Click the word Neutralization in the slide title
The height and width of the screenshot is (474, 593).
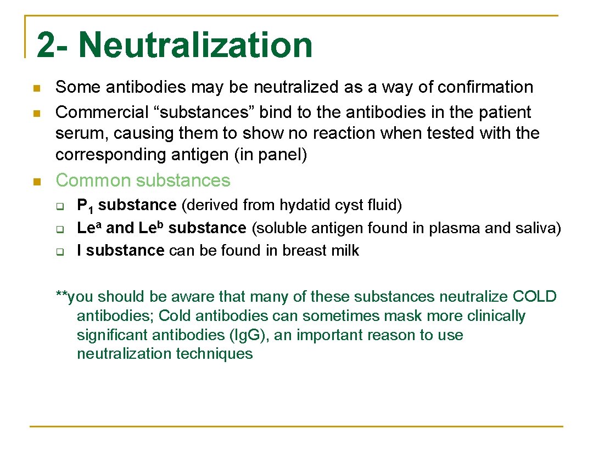tap(195, 45)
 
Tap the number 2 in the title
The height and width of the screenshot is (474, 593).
tap(46, 45)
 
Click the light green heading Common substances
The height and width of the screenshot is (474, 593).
tap(143, 180)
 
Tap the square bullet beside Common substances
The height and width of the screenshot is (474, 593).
tap(36, 182)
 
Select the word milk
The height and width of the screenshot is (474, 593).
tap(346, 251)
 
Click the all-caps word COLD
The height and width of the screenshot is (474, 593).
tap(534, 297)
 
